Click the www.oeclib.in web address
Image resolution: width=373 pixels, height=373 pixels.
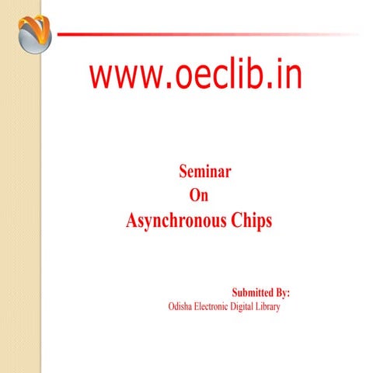[x=196, y=75]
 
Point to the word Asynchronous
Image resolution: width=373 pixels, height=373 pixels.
[x=176, y=221]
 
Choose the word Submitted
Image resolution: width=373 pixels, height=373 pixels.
[x=253, y=293]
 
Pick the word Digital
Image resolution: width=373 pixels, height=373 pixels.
[x=253, y=308]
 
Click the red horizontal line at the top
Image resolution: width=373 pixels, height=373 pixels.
[x=194, y=34]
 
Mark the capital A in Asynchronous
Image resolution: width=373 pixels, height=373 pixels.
[x=132, y=220]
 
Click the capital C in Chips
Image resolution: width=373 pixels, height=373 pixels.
[x=236, y=220]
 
